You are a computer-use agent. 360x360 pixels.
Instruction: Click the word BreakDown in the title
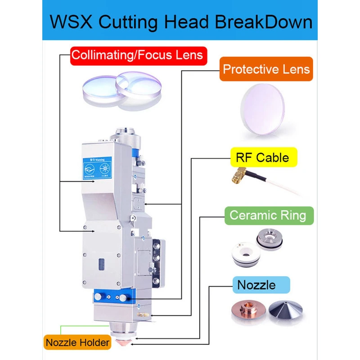264,22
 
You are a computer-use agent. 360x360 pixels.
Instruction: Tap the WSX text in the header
72,22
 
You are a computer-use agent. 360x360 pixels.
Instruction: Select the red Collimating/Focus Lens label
138,56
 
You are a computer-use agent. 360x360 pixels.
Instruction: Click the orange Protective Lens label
266,69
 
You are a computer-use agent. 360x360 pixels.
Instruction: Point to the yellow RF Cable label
262,157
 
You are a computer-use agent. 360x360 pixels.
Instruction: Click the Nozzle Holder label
77,342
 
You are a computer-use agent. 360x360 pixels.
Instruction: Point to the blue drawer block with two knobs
111,297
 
